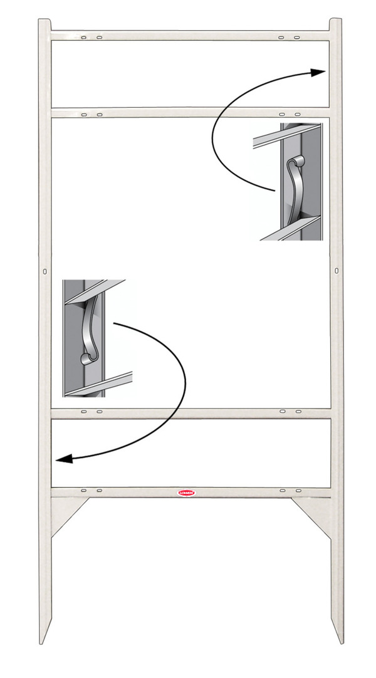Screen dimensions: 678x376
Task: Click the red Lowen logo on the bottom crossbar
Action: coord(187,493)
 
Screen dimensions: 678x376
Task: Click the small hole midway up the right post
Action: coord(337,270)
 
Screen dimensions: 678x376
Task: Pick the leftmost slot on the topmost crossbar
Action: coord(83,38)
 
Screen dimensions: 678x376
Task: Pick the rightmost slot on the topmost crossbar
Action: coord(298,38)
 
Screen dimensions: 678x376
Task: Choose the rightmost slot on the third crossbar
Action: coord(298,412)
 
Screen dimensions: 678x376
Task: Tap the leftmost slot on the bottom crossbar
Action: coord(83,489)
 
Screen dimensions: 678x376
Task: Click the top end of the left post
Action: coord(44,22)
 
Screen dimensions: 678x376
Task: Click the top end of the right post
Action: coord(337,22)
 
